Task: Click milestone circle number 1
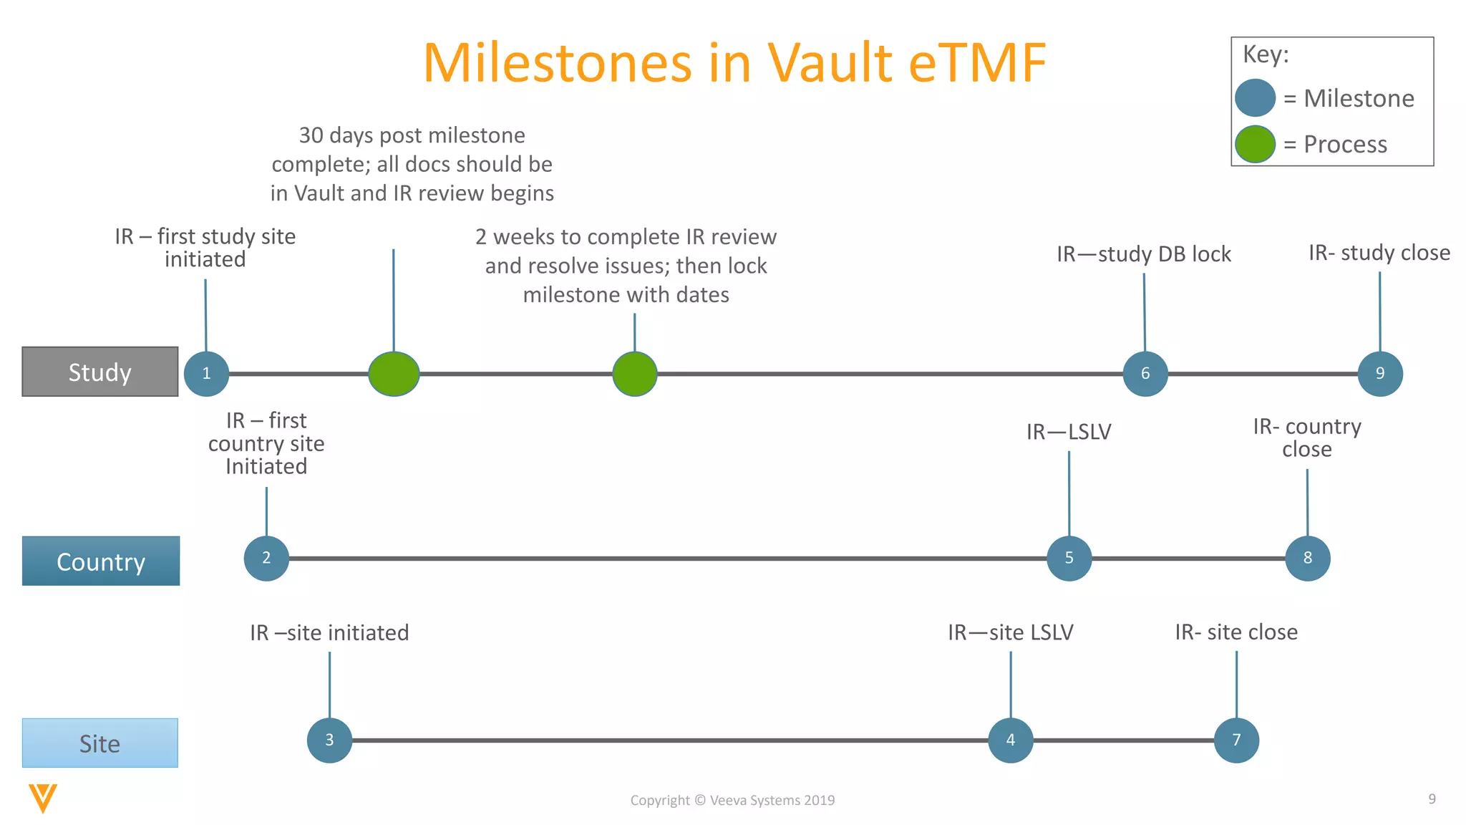tap(206, 373)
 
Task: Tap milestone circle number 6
tap(1145, 373)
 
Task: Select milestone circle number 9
tap(1379, 373)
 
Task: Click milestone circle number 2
tap(266, 558)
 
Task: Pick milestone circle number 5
tap(1069, 558)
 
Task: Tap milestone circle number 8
tap(1307, 558)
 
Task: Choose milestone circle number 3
tap(329, 740)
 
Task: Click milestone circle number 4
tap(1010, 740)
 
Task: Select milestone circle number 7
tap(1236, 740)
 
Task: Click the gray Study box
tap(100, 372)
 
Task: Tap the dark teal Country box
tap(101, 561)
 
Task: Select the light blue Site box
tap(100, 743)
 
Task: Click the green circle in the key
tap(1255, 144)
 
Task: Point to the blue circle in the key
tap(1255, 98)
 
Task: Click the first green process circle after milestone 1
tap(394, 374)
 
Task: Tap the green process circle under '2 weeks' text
tap(634, 374)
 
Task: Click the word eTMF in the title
tap(977, 63)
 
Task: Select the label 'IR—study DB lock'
tap(1144, 254)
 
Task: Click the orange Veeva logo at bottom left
tap(43, 798)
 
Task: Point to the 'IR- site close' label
tap(1236, 632)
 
